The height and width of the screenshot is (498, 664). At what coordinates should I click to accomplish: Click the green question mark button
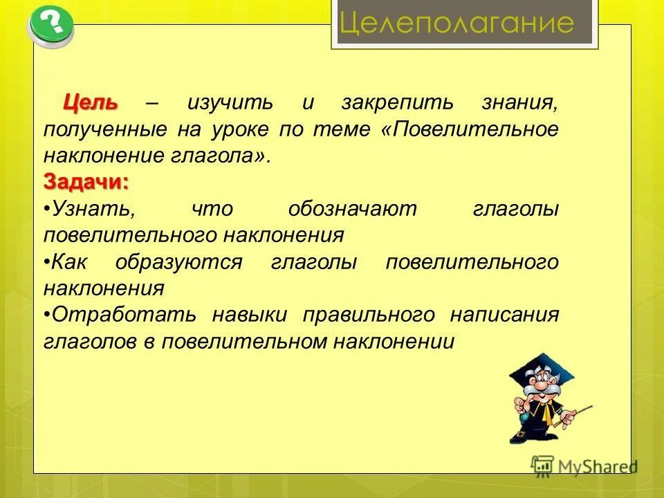pyautogui.click(x=50, y=26)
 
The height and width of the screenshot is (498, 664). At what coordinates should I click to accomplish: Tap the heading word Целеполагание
pyautogui.click(x=457, y=24)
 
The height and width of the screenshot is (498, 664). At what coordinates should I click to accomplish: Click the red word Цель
pyautogui.click(x=91, y=103)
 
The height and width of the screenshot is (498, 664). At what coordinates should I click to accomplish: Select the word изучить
pyautogui.click(x=230, y=103)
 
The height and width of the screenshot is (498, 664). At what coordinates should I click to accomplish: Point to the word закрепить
pyautogui.click(x=397, y=103)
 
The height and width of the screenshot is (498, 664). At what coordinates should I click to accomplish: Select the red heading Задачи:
pyautogui.click(x=86, y=182)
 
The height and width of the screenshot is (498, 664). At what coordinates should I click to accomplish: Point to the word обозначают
pyautogui.click(x=352, y=209)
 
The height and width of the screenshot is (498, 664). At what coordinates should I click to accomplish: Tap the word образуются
pyautogui.click(x=178, y=261)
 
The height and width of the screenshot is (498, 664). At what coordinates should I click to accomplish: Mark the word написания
pyautogui.click(x=504, y=315)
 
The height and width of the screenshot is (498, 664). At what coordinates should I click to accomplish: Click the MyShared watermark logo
pyautogui.click(x=584, y=466)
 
